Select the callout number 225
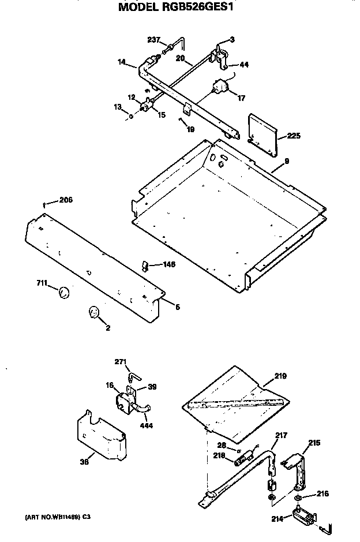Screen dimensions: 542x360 coord(294,137)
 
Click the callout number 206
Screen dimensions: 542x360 coord(66,200)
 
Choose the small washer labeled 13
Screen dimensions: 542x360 coord(131,116)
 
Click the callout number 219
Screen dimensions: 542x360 coord(280,376)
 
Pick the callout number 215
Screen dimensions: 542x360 coord(314,443)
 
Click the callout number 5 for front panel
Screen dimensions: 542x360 coord(177,307)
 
